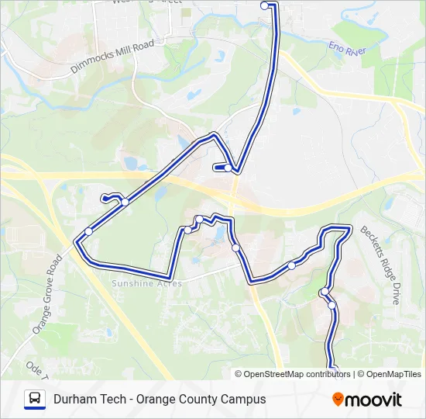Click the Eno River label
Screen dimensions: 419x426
point(348,49)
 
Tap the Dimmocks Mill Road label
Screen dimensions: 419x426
point(113,56)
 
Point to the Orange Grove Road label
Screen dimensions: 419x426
point(47,296)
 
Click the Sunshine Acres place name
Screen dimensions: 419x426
point(147,284)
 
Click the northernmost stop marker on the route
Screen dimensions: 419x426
point(265,5)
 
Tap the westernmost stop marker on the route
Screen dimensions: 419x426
point(88,231)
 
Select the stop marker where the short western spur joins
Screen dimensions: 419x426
point(125,203)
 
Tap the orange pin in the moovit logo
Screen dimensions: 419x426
point(338,400)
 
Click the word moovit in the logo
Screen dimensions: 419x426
point(373,400)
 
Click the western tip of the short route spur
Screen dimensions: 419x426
point(104,198)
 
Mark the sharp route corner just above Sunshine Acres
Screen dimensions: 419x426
point(170,277)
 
